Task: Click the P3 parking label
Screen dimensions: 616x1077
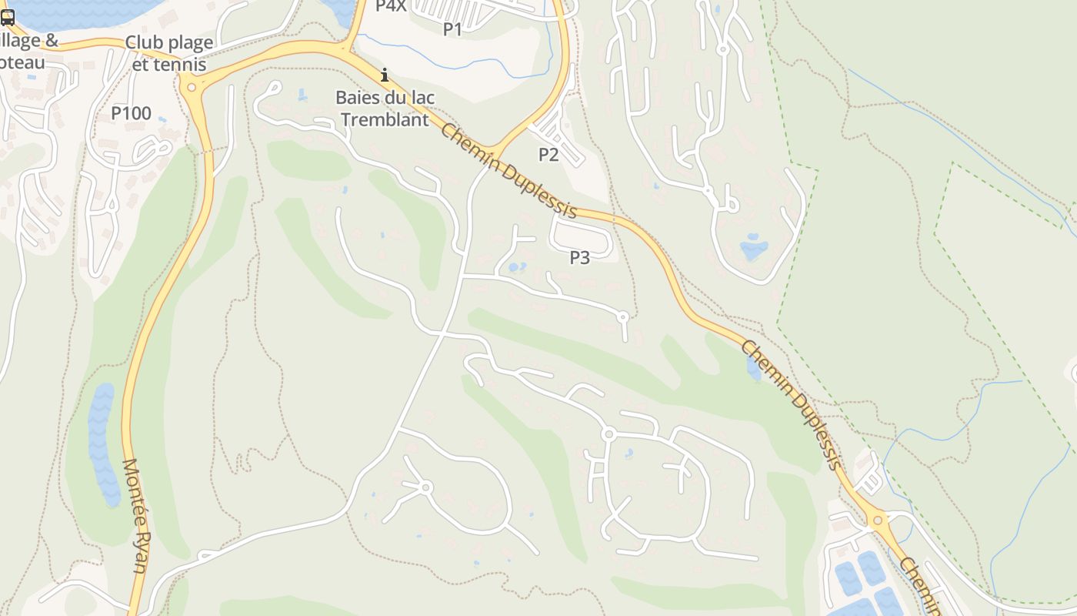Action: coord(579,258)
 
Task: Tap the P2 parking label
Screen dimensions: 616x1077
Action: coord(548,155)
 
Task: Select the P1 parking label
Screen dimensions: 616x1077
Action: coord(452,29)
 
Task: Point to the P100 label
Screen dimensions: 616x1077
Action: coord(131,114)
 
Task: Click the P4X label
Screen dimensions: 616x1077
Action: coord(390,6)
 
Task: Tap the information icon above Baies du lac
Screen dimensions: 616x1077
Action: coord(385,75)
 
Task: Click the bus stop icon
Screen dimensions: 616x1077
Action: coord(7,18)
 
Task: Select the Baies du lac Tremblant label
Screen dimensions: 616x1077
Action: coord(385,109)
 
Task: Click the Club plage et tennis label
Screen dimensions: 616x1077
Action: coord(169,53)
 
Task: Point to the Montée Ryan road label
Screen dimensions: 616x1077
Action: coord(134,516)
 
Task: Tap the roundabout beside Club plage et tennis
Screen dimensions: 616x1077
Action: coord(191,87)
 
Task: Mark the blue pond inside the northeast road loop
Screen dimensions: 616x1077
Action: coord(754,248)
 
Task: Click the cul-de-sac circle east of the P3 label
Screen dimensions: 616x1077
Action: coord(623,316)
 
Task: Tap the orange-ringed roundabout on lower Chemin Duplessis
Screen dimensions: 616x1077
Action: coord(878,521)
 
